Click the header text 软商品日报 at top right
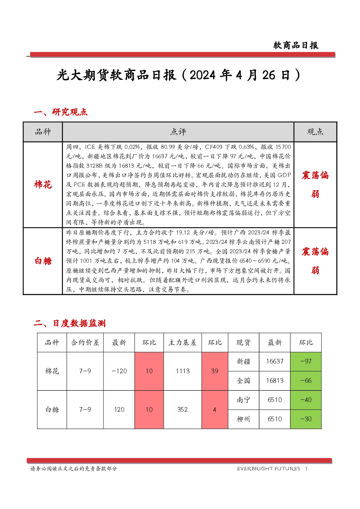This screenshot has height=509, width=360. [296, 45]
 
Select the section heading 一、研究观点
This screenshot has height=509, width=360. [61, 112]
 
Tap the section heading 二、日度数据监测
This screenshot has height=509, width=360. [70, 323]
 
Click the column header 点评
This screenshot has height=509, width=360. [178, 132]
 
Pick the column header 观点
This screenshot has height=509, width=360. [315, 132]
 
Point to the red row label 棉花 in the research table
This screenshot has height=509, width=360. [43, 185]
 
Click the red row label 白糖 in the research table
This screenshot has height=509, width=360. [43, 261]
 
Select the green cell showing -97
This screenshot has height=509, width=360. [306, 362]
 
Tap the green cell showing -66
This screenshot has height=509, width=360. [306, 381]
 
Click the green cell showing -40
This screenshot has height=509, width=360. [306, 400]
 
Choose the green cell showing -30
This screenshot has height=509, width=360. [306, 419]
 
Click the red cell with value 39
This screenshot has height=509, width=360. [215, 371]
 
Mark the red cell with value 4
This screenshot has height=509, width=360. [215, 410]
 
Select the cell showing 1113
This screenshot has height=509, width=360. [183, 371]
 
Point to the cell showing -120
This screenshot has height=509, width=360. [119, 371]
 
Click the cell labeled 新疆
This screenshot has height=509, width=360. [244, 362]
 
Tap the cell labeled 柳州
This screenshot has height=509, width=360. [244, 419]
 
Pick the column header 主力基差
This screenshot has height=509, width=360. [183, 342]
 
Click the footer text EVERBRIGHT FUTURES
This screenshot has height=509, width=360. [269, 469]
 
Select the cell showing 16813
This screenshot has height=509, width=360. [275, 381]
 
